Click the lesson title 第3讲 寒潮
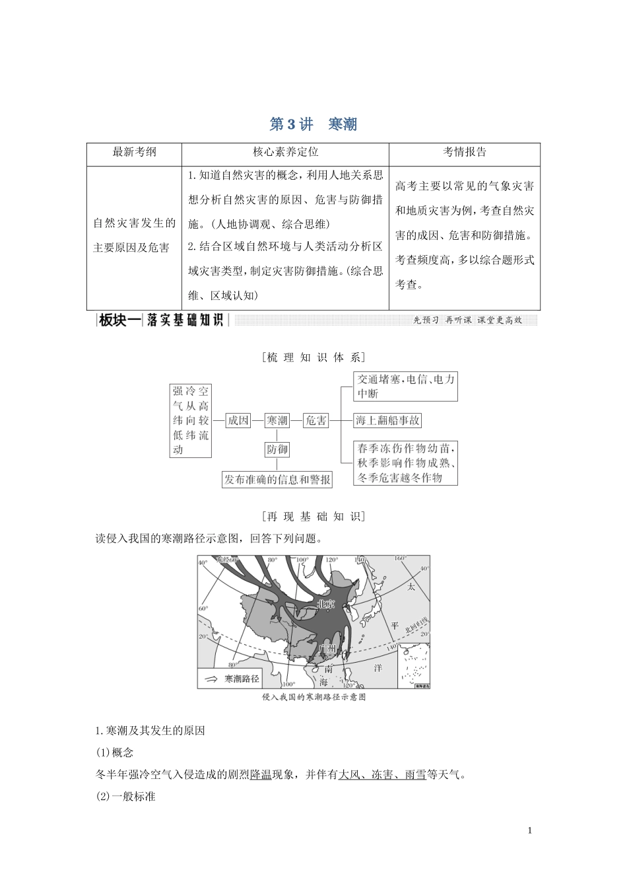click(313, 124)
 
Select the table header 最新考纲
click(135, 152)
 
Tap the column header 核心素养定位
click(285, 152)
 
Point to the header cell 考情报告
click(464, 152)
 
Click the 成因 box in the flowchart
click(238, 420)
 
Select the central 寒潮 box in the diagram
click(277, 420)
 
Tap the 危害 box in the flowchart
click(315, 420)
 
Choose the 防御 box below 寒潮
click(277, 450)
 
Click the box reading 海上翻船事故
click(387, 420)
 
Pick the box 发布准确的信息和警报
click(277, 480)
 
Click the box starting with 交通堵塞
click(406, 387)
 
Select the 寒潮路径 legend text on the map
click(242, 679)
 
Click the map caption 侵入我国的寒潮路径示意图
click(313, 697)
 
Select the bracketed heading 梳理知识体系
click(313, 357)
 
